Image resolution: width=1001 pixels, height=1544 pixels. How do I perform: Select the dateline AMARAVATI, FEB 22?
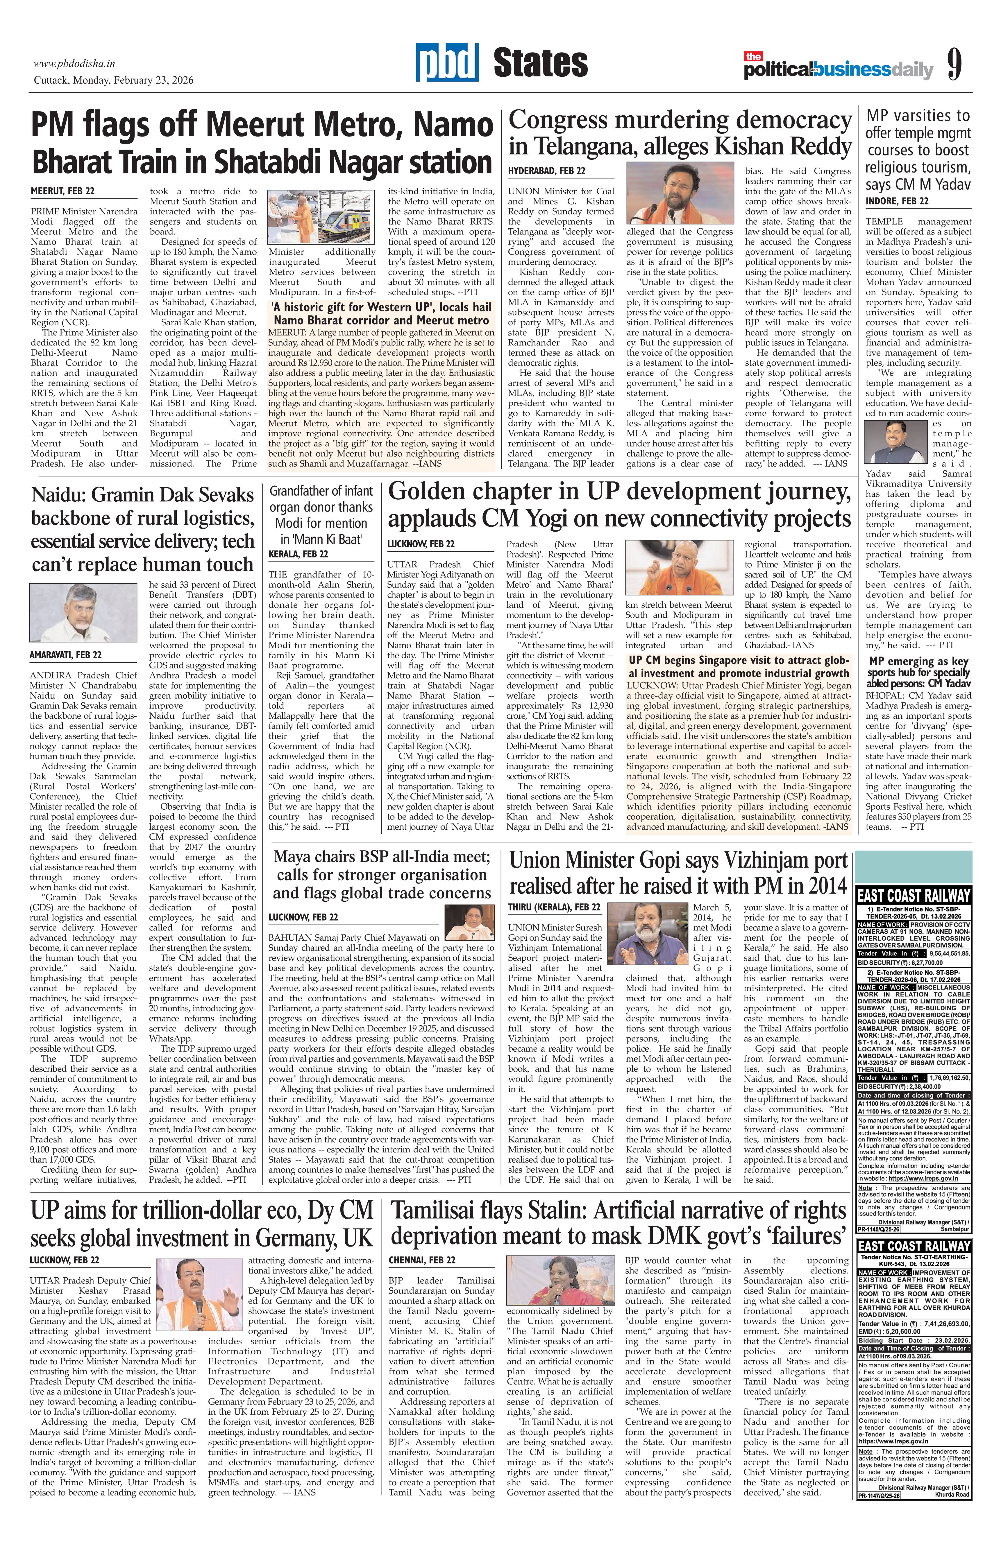66,655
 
